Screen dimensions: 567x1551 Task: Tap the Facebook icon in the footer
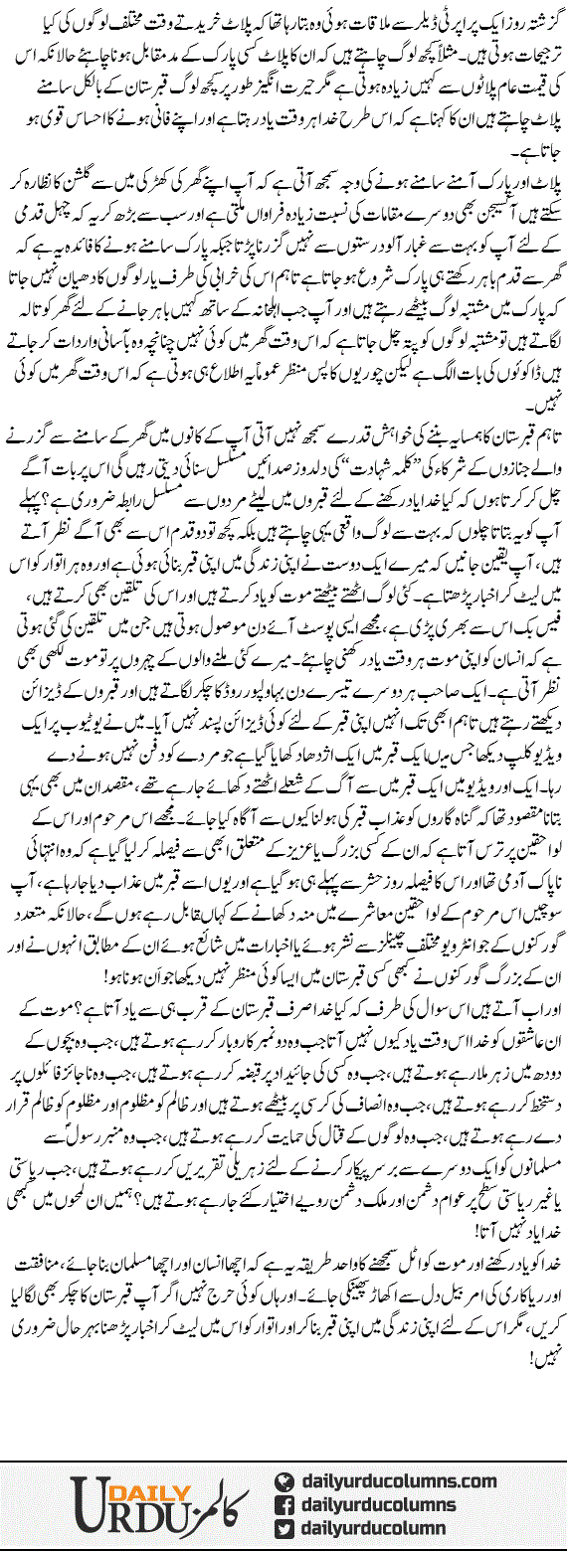pyautogui.click(x=283, y=1503)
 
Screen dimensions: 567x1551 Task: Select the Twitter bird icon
pyautogui.click(x=283, y=1527)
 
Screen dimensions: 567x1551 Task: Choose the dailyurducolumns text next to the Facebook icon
pyautogui.click(x=384, y=1503)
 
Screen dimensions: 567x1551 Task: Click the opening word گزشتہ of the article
pyautogui.click(x=532, y=19)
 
